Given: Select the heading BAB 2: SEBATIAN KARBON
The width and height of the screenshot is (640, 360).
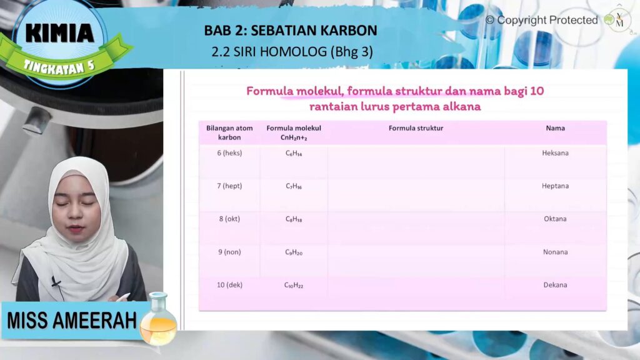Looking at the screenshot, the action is pyautogui.click(x=291, y=30).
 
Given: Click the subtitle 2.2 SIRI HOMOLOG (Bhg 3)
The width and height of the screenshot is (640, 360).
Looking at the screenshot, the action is pyautogui.click(x=292, y=51).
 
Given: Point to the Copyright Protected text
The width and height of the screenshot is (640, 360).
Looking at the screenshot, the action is pyautogui.click(x=542, y=20).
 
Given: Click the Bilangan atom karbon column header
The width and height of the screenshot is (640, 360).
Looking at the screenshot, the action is pyautogui.click(x=229, y=132).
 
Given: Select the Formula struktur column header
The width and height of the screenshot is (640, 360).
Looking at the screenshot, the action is pyautogui.click(x=416, y=128).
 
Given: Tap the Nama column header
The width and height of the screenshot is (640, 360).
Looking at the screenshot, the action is pyautogui.click(x=555, y=128).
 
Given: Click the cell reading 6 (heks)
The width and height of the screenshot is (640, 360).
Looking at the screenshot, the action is pyautogui.click(x=229, y=153).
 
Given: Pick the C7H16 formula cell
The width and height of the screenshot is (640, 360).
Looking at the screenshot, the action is pyautogui.click(x=294, y=186).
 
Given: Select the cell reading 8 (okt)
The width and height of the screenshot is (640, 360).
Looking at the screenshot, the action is pyautogui.click(x=229, y=219).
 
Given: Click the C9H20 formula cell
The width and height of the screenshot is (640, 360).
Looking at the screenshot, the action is pyautogui.click(x=294, y=252).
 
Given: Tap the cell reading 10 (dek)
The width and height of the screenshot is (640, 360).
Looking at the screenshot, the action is pyautogui.click(x=229, y=285).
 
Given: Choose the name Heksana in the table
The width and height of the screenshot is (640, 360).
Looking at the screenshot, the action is pyautogui.click(x=555, y=153).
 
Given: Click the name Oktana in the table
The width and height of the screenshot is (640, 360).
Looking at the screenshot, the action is pyautogui.click(x=555, y=219).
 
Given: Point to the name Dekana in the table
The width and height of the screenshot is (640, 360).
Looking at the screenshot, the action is pyautogui.click(x=555, y=285).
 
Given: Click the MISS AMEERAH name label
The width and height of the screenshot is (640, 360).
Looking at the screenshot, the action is pyautogui.click(x=72, y=321).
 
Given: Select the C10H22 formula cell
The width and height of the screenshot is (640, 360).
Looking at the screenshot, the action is pyautogui.click(x=294, y=285).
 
